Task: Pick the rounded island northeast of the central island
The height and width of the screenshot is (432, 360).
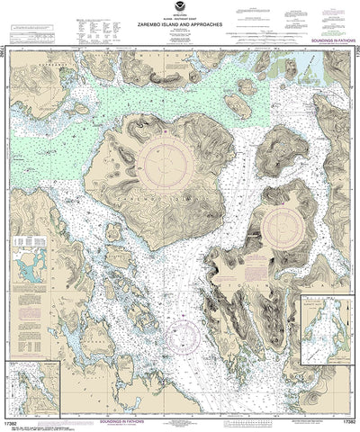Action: coord(280,149)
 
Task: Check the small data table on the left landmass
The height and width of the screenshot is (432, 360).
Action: coord(34,242)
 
